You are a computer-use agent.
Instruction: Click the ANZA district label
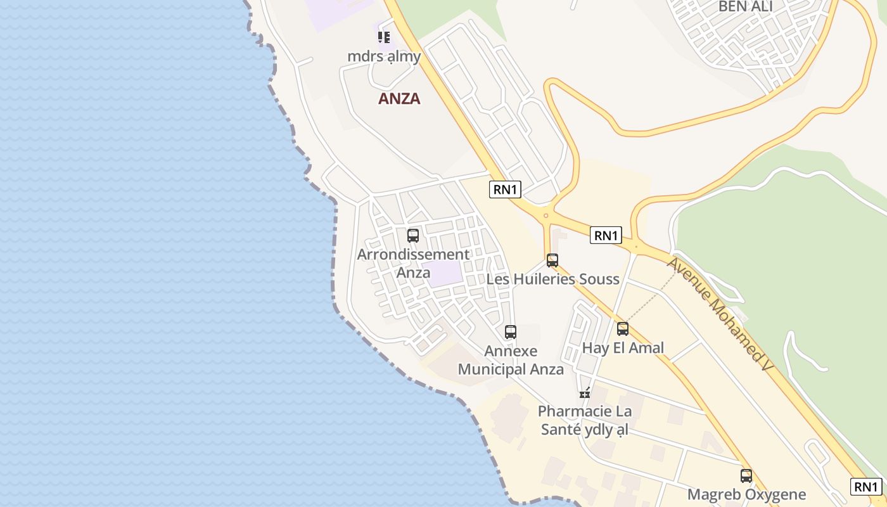click(x=399, y=99)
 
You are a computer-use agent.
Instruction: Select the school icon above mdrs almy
click(x=384, y=37)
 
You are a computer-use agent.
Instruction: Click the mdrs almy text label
click(x=384, y=56)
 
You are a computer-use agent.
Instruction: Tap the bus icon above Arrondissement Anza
click(x=413, y=236)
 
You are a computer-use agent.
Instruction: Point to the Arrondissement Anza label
click(x=413, y=263)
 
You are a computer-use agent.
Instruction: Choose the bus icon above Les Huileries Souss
click(x=552, y=260)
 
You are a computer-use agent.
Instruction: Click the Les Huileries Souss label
click(x=552, y=279)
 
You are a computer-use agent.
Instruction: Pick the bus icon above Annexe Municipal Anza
click(x=511, y=331)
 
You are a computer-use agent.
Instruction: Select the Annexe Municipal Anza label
click(x=511, y=360)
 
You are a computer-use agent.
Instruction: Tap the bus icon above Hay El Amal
click(x=623, y=328)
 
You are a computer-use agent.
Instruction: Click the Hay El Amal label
click(x=623, y=347)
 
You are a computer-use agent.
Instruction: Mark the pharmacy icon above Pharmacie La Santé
click(x=585, y=393)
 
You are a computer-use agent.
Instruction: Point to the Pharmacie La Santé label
click(x=584, y=420)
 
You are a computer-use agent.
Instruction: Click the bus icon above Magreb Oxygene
click(x=746, y=475)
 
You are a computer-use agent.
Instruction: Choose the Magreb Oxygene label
click(x=746, y=494)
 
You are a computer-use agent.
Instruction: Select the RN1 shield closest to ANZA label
click(x=505, y=189)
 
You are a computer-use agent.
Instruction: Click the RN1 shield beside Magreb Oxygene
click(x=865, y=487)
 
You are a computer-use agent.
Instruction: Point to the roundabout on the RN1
click(x=546, y=215)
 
